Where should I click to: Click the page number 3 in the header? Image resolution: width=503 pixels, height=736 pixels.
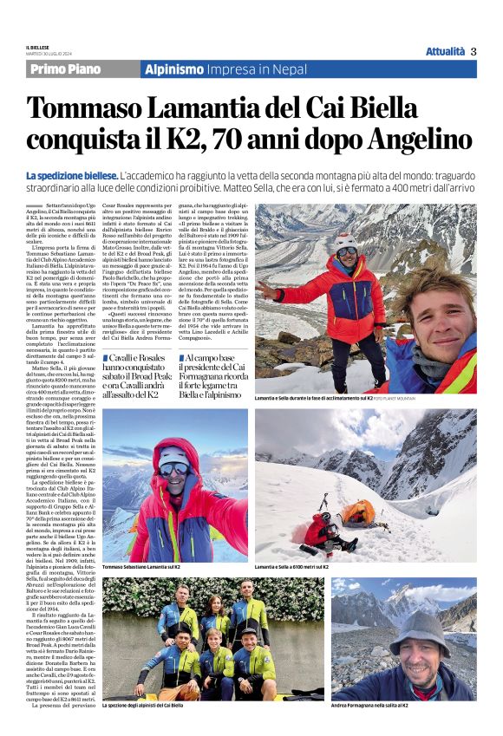474,51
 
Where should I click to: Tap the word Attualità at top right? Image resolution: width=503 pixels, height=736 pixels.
445,51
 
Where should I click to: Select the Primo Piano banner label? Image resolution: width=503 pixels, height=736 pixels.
65,69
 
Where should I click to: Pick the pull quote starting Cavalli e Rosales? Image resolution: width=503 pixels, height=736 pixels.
151,376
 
